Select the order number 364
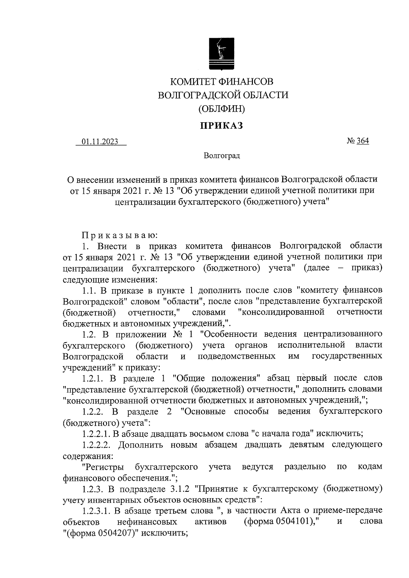(363, 141)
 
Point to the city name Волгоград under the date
(222, 156)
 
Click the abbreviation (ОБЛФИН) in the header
(222, 109)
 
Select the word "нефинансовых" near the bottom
(147, 522)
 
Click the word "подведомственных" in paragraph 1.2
(237, 356)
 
